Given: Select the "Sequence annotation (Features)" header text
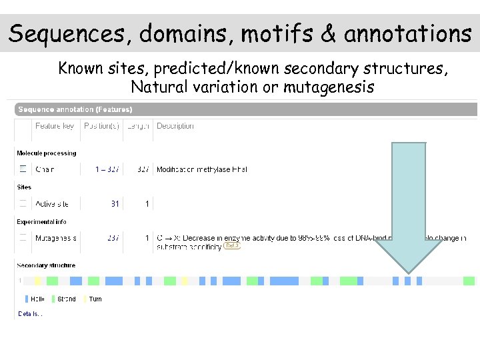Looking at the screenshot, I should [75, 109].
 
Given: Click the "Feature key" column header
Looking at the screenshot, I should [55, 126].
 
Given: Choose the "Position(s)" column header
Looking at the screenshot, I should [101, 126].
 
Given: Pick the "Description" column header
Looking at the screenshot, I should [175, 126].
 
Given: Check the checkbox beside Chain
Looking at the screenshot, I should [23, 169].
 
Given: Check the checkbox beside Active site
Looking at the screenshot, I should [23, 203].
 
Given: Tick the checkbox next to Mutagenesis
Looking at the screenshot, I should [23, 238].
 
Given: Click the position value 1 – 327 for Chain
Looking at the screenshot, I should [107, 169].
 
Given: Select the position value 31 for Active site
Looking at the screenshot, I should [115, 203].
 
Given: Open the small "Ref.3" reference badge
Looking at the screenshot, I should [232, 246].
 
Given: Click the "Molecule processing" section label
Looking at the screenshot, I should [46, 153].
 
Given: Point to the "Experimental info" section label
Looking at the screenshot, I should [41, 221].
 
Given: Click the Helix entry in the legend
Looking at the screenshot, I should [35, 299].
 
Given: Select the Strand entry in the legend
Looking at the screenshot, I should [64, 299].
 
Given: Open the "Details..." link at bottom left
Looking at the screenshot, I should [30, 313].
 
